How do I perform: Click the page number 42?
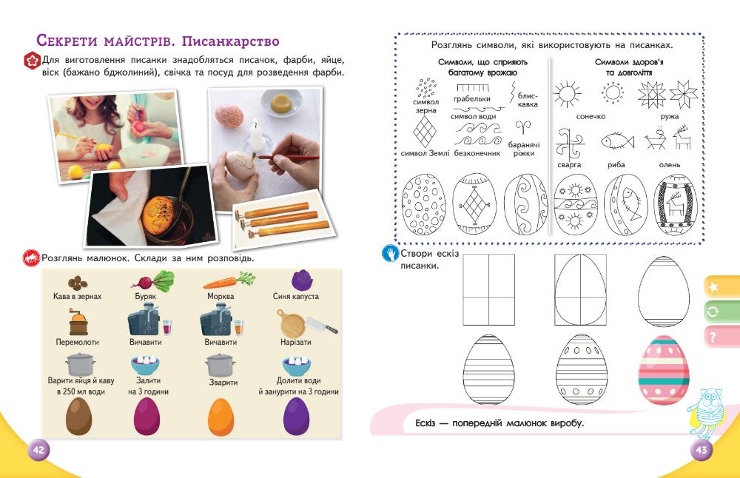[38, 450]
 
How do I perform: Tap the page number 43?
[700, 450]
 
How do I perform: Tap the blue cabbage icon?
[301, 280]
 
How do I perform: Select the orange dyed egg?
[220, 416]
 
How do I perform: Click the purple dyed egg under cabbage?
[297, 416]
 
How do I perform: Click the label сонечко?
[591, 117]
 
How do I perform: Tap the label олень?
[670, 164]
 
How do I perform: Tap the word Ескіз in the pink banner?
[420, 424]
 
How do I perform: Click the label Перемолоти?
[77, 343]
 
